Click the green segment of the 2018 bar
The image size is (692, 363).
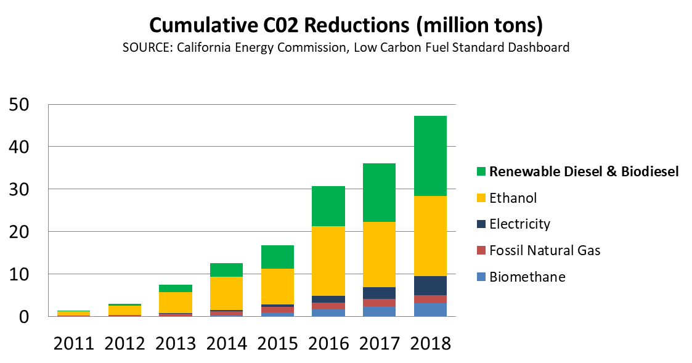[x=430, y=156]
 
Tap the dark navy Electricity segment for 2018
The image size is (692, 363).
[x=430, y=285]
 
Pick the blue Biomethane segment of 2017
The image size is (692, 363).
[x=379, y=311]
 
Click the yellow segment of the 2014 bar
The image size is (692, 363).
[x=226, y=293]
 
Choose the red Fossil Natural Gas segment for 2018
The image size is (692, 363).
[x=430, y=300]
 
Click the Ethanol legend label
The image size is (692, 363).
[x=513, y=198]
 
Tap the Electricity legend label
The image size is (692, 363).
[x=519, y=224]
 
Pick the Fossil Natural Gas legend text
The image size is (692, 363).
[x=545, y=250]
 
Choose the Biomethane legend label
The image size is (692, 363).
[x=527, y=277]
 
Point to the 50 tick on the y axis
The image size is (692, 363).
[x=23, y=105]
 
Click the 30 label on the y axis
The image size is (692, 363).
[x=23, y=189]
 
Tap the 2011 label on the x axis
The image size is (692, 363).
[x=73, y=344]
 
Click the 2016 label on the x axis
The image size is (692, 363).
[x=328, y=344]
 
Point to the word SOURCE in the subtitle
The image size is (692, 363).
[x=147, y=47]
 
